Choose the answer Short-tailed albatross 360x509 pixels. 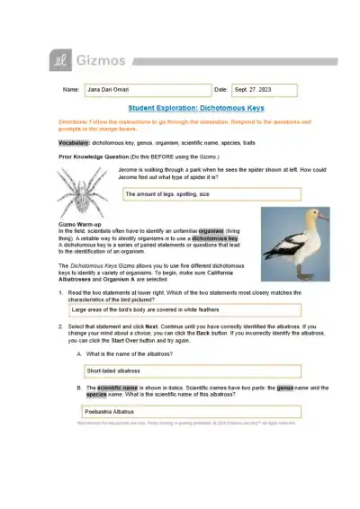113,370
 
